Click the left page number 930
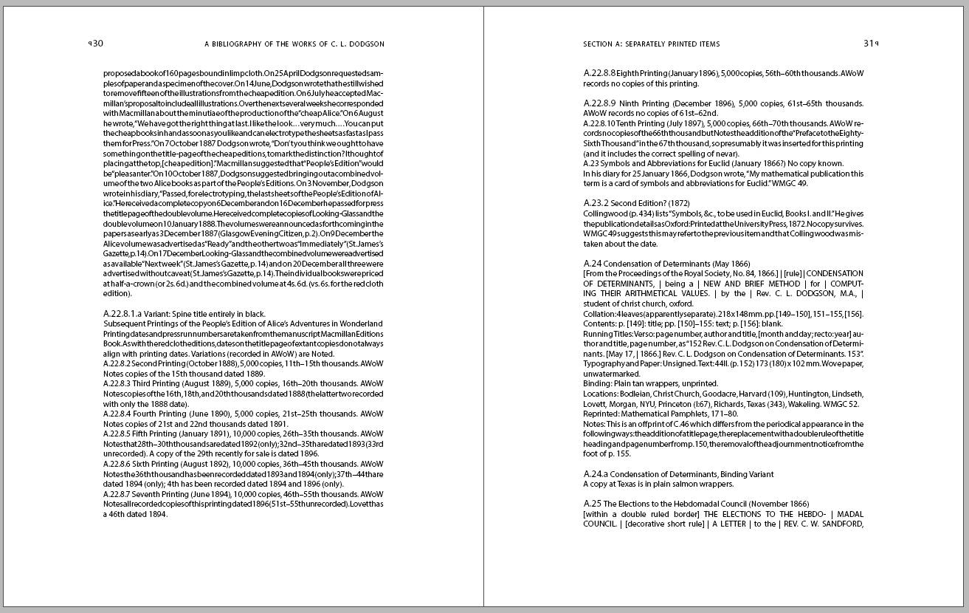click(x=96, y=44)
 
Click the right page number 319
click(x=871, y=44)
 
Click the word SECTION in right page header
click(x=598, y=44)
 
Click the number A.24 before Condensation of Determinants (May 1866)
click(x=593, y=264)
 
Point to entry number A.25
click(x=593, y=504)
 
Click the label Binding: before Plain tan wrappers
click(x=598, y=384)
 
